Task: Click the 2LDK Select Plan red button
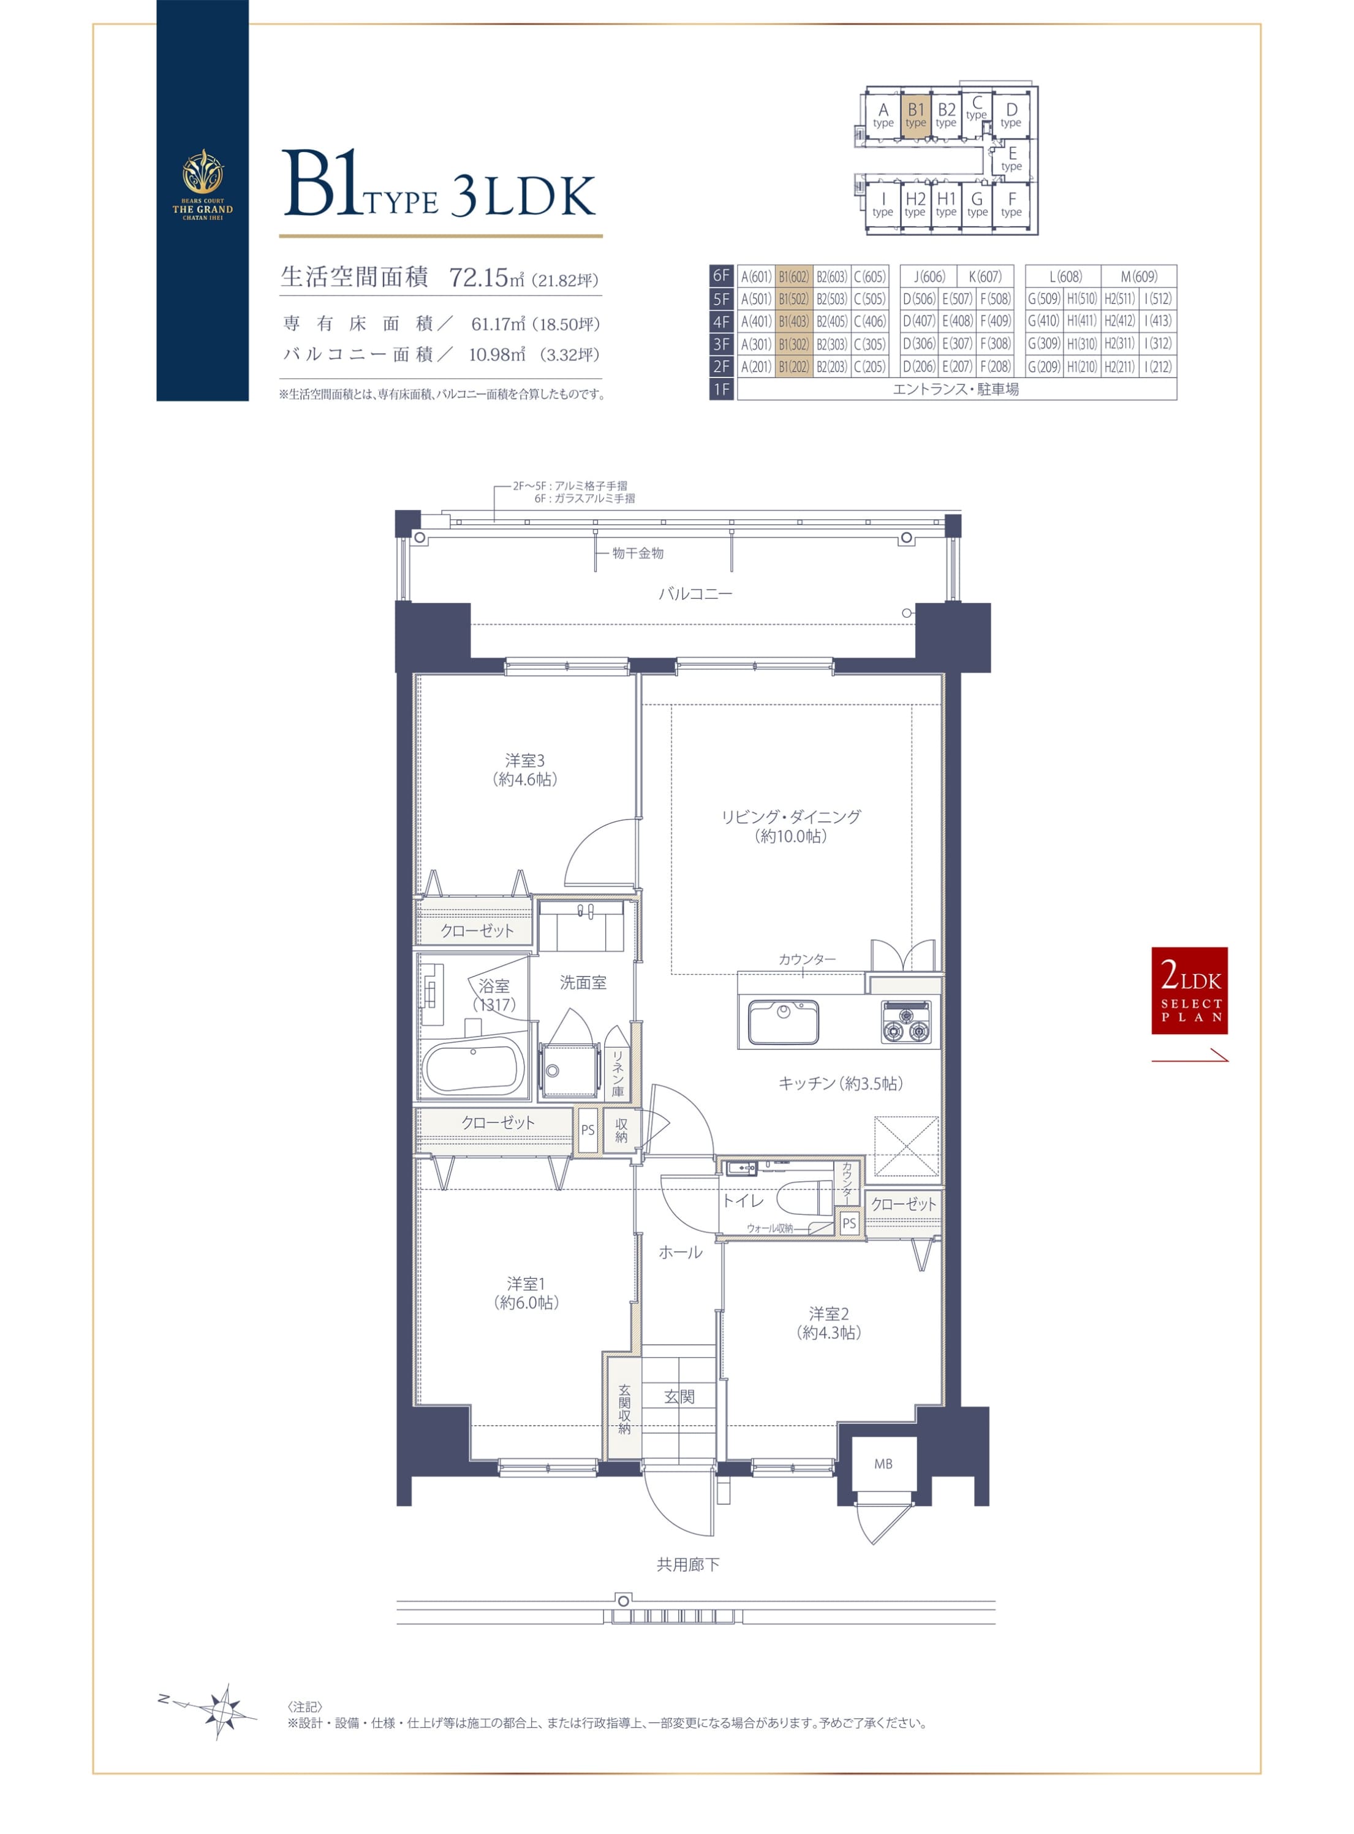pyautogui.click(x=1189, y=991)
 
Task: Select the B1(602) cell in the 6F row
pyautogui.click(x=793, y=276)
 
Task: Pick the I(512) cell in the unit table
pyautogui.click(x=1158, y=299)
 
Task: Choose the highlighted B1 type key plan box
pyautogui.click(x=915, y=114)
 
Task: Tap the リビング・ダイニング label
pyautogui.click(x=791, y=816)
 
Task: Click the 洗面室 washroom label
pyautogui.click(x=583, y=982)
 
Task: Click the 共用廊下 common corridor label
pyautogui.click(x=689, y=1565)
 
